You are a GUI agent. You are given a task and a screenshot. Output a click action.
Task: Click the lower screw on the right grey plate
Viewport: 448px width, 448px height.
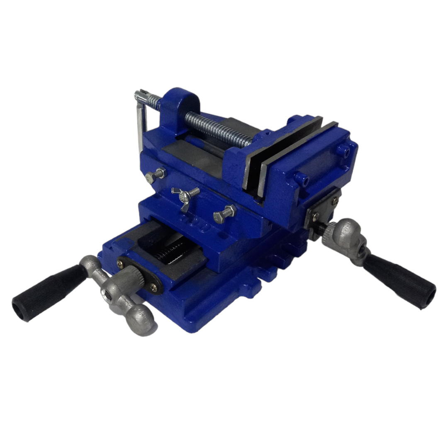(x=316, y=216)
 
